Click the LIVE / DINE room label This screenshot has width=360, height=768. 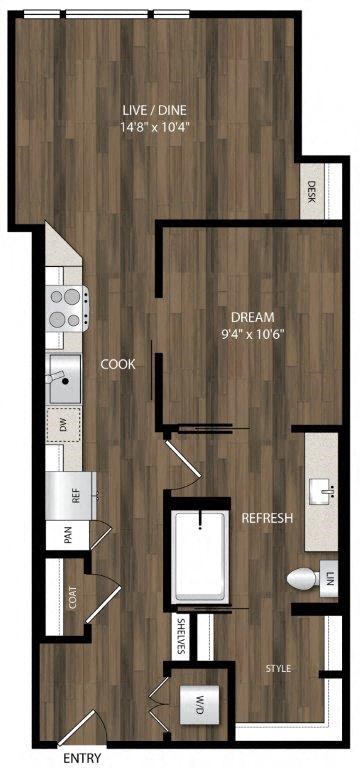tap(153, 110)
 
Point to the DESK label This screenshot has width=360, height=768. tap(312, 189)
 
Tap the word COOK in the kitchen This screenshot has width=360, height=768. tap(118, 365)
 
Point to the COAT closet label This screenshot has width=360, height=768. tap(73, 596)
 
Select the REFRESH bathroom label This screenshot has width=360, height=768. tap(267, 518)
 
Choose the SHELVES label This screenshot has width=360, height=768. tap(181, 635)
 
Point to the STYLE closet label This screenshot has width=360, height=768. tap(278, 667)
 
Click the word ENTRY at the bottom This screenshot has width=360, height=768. tap(83, 759)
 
